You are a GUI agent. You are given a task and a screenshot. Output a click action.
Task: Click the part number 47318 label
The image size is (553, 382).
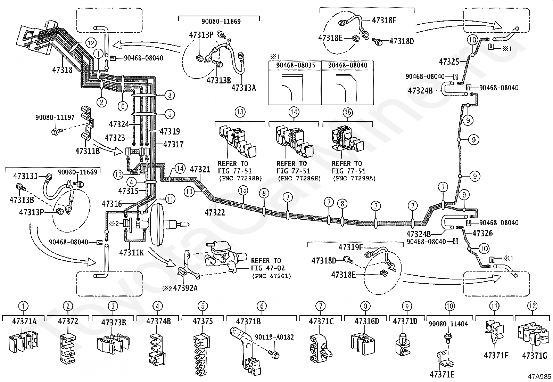click(63, 70)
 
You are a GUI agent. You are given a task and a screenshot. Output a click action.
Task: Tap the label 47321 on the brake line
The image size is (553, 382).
click(200, 169)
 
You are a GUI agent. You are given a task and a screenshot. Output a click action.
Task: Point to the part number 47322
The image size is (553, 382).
click(215, 212)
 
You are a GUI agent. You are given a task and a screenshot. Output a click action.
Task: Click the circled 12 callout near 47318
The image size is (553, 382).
click(91, 43)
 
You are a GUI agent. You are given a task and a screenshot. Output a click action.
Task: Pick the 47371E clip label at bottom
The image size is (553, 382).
click(442, 374)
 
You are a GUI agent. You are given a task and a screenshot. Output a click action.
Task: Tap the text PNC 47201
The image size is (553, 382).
click(271, 276)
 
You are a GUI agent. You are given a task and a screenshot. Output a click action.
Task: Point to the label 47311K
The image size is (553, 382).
click(131, 252)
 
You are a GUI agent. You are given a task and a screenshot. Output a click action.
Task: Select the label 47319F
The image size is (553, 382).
click(350, 247)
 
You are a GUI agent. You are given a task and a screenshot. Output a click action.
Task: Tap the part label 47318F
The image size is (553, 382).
click(384, 20)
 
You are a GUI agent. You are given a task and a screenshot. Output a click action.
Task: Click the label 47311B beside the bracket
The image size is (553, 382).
click(88, 151)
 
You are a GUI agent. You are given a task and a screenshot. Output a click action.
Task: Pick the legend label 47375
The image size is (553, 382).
click(203, 321)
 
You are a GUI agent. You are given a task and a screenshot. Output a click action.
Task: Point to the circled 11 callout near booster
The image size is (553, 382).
click(170, 199)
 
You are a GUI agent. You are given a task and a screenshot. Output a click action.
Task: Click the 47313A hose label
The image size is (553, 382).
click(244, 88)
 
